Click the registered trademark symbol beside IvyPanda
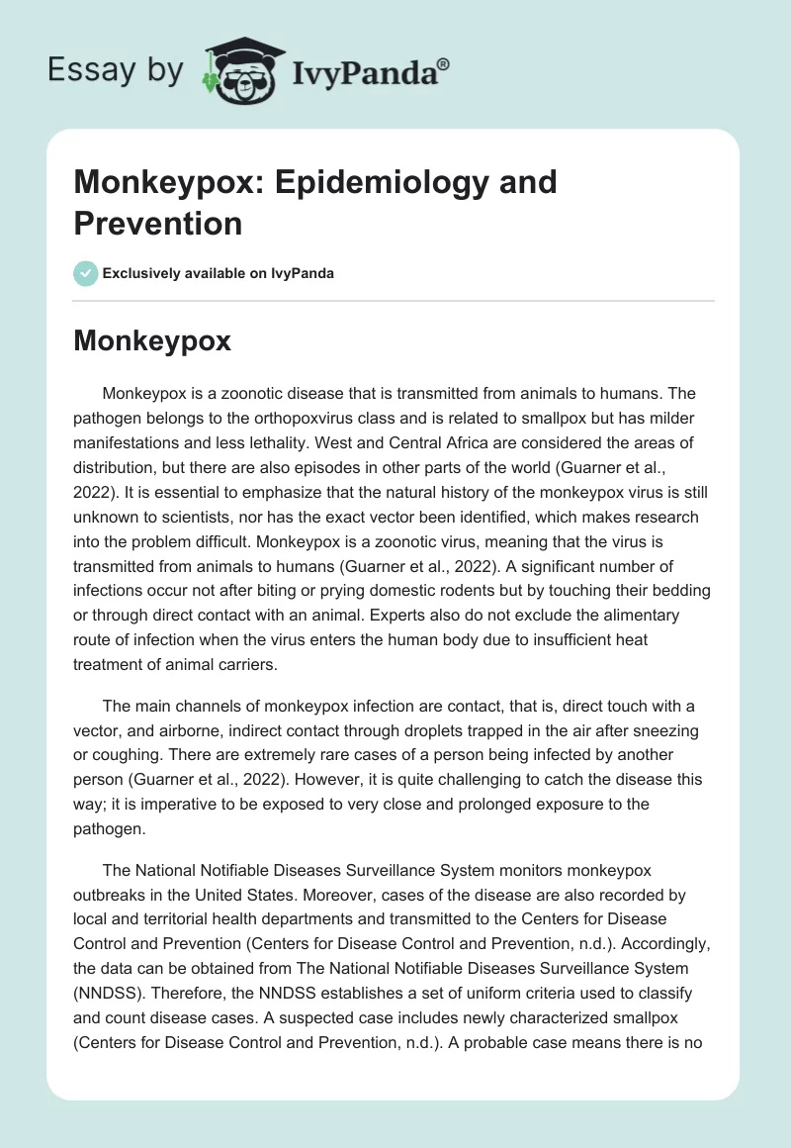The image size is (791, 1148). tap(444, 65)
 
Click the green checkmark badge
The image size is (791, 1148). tap(85, 273)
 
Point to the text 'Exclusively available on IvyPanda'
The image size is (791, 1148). tap(218, 273)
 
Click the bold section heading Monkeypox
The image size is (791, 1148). tap(152, 340)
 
